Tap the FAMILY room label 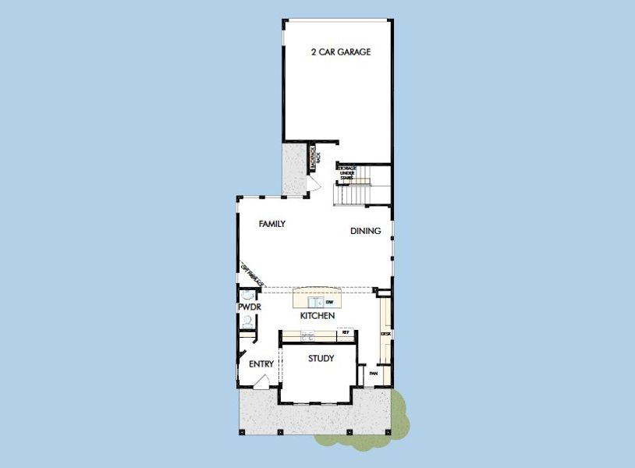coord(271,224)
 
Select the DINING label coord(365,231)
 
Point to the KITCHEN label coord(317,316)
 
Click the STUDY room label coord(321,359)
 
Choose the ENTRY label coord(261,364)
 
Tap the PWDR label coord(249,307)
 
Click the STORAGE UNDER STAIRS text coord(346,172)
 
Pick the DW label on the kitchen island coord(330,301)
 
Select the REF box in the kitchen coord(346,333)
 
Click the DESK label coord(385,334)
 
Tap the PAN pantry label coord(373,374)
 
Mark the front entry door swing coord(263,381)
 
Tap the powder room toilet coord(247,321)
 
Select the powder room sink coord(247,295)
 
